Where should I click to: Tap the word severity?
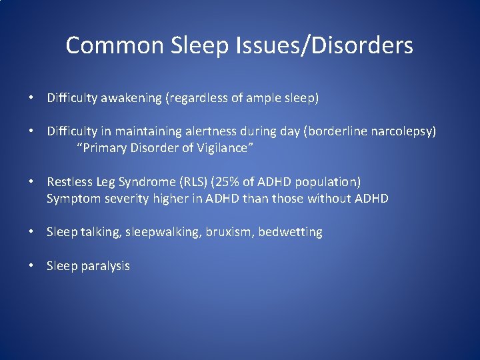(x=125, y=199)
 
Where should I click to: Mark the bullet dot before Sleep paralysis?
(x=31, y=266)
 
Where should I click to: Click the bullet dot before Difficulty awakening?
(x=31, y=98)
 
